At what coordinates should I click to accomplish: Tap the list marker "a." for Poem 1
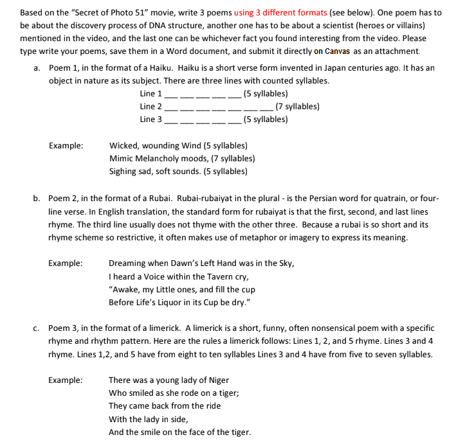tap(37, 67)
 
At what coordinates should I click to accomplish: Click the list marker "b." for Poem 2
tap(37, 199)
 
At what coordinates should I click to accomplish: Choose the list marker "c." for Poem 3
tap(37, 328)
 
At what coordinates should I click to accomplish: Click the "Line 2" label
tap(151, 107)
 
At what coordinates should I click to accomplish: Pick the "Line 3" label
tap(151, 120)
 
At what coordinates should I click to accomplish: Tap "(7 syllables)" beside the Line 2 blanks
tap(297, 107)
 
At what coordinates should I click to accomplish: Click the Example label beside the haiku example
tap(66, 146)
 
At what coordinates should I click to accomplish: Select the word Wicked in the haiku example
tap(123, 146)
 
